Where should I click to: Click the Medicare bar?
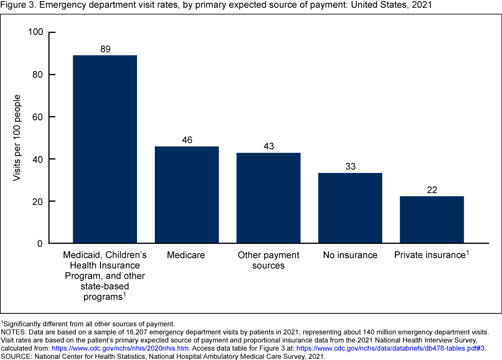pos(186,194)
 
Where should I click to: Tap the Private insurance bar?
pos(432,219)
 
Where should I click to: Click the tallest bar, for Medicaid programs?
pos(105,149)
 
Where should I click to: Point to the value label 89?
pos(105,49)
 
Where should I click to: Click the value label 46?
pos(186,140)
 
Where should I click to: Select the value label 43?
pos(268,146)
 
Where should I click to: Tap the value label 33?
pos(350,167)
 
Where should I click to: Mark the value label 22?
pos(432,190)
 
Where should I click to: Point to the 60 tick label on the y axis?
pos(37,117)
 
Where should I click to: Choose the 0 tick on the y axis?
pos(39,243)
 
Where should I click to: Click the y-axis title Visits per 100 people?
pos(17,138)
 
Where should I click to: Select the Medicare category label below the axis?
pos(186,256)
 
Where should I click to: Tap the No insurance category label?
pos(350,256)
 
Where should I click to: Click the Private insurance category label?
pos(430,256)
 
